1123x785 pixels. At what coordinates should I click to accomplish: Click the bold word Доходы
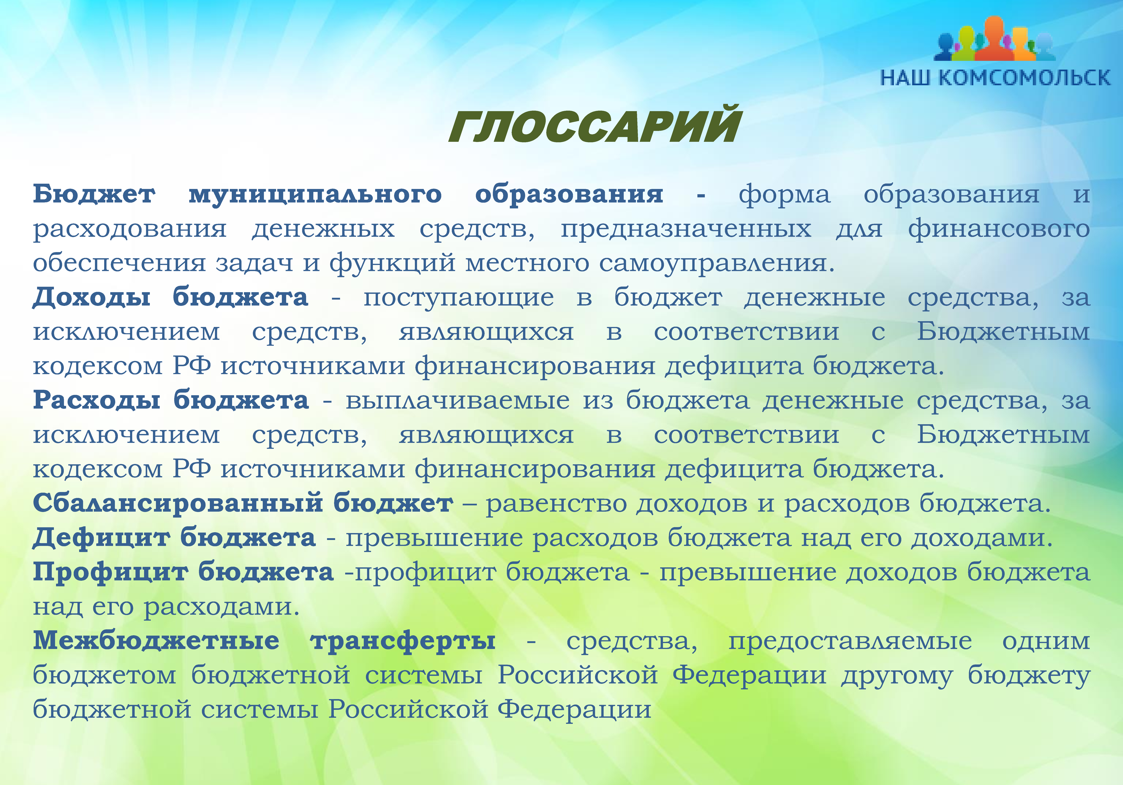click(91, 298)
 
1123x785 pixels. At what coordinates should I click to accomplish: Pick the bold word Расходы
click(96, 400)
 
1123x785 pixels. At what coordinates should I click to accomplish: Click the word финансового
click(999, 229)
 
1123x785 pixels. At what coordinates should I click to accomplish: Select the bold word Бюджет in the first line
click(94, 195)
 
